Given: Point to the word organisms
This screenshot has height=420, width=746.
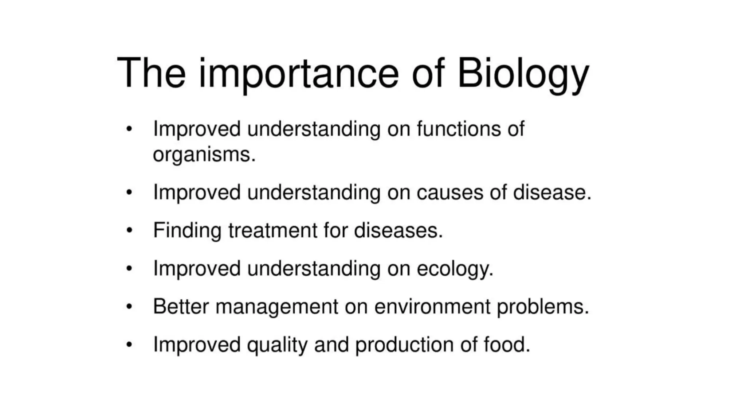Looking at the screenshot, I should point(204,155).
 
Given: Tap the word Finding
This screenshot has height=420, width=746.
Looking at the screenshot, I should point(187,230).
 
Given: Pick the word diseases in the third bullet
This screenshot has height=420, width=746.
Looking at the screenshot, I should point(398,230).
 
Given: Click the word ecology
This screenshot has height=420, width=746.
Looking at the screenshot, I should point(455,269).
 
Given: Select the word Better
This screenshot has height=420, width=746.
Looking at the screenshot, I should point(181,306).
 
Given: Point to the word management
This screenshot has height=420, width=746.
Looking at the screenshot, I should point(277,307).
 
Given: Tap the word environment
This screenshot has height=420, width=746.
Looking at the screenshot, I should point(432,306).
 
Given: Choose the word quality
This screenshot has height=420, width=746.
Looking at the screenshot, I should point(277,345).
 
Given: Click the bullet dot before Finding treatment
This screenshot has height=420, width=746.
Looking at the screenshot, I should point(129,230).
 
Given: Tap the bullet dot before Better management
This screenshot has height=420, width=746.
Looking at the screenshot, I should point(129,307).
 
